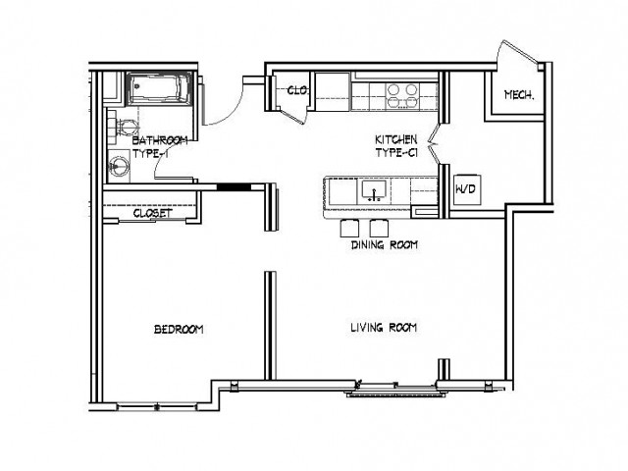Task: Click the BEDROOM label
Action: (179, 330)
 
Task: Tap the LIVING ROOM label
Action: (384, 328)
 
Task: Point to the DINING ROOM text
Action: (385, 244)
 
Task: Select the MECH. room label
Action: (519, 95)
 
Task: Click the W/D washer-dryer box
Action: (467, 189)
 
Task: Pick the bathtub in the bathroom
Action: (159, 88)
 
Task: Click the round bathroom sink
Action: (119, 166)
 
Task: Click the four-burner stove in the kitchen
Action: (401, 96)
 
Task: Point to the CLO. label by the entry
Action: (297, 90)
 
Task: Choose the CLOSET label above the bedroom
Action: (153, 213)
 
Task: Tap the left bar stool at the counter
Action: (349, 228)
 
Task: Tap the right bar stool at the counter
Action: (379, 228)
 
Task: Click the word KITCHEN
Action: (395, 139)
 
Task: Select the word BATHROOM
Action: (160, 140)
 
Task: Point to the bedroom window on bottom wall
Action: (157, 407)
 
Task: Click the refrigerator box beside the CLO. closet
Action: (333, 91)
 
